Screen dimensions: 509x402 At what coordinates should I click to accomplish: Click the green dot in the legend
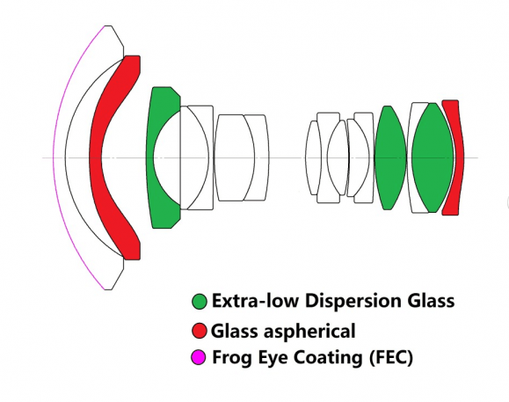200,302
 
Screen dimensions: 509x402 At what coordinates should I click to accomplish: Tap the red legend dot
200,331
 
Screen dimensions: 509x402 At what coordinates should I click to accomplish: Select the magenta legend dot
199,357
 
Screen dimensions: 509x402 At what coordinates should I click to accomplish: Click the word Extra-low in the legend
255,300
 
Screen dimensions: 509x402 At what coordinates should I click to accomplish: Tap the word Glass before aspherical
235,331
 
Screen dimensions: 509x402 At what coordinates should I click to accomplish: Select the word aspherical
309,332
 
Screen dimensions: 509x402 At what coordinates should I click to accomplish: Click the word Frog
232,358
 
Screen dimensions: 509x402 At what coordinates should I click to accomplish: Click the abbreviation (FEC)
391,358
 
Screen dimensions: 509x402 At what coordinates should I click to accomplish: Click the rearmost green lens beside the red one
432,157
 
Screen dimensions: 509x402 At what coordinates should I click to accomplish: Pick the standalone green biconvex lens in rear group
389,157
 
